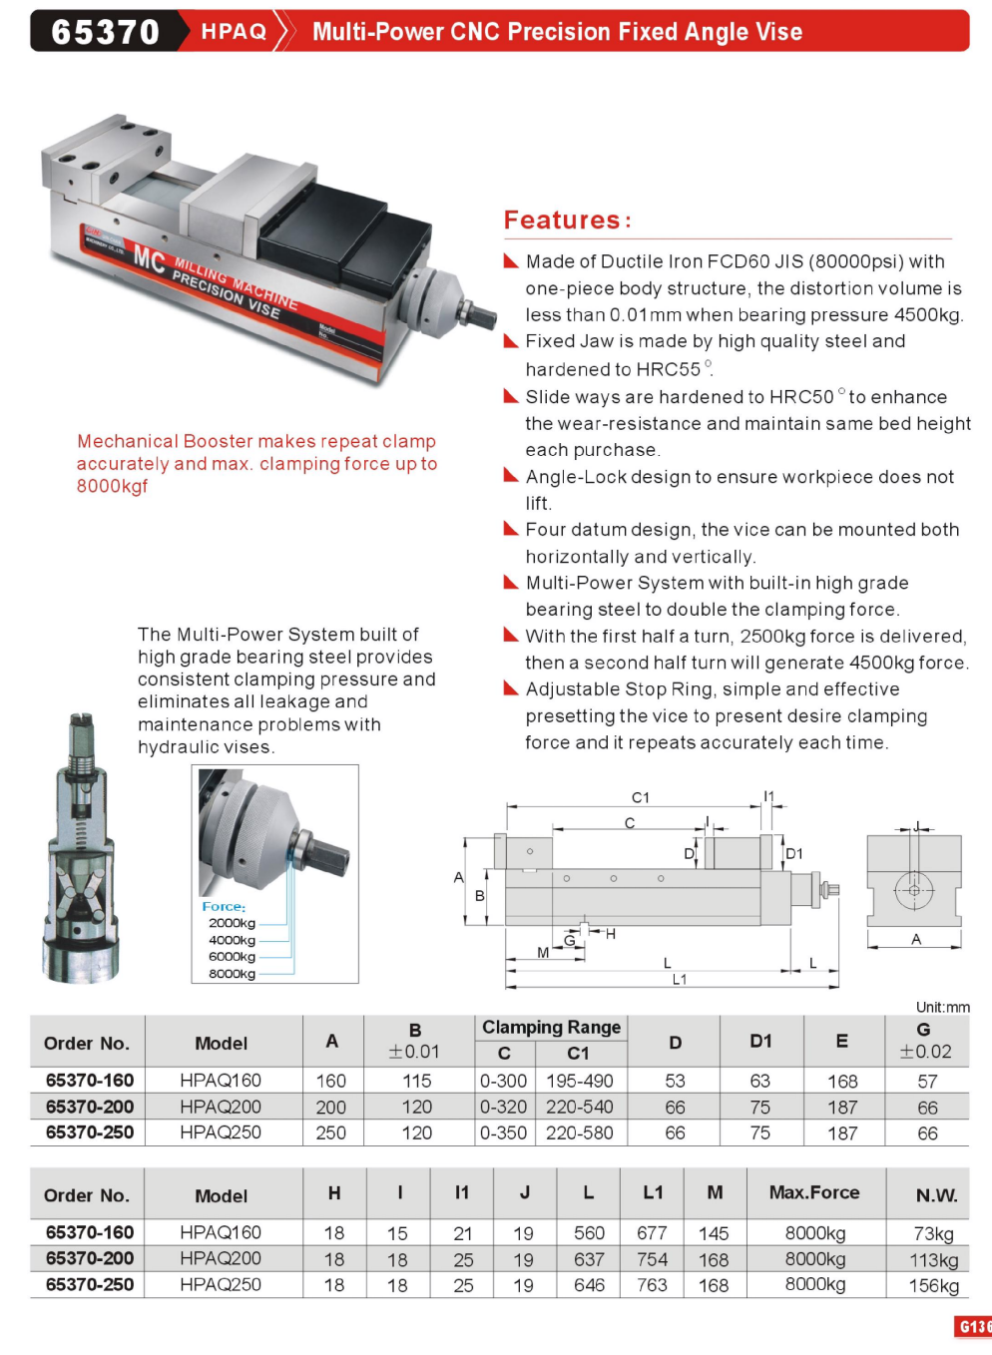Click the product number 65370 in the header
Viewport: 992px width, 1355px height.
click(105, 32)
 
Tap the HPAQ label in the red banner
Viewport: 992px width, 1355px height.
click(234, 32)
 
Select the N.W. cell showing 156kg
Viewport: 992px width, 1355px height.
click(933, 1286)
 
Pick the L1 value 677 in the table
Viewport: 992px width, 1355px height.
click(652, 1233)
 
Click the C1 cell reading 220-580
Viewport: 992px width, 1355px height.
click(579, 1133)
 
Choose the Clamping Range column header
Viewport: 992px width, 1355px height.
click(551, 1027)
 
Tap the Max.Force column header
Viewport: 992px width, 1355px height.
click(814, 1192)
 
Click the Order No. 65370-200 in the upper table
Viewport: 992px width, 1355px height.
click(90, 1107)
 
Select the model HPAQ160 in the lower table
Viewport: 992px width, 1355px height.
click(221, 1233)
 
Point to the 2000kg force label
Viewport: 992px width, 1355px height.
click(232, 923)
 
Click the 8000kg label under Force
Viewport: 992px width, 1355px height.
click(232, 974)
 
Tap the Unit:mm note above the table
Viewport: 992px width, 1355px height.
click(942, 1007)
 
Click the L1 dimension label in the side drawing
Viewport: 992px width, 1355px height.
click(679, 980)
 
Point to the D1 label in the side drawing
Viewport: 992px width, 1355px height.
click(794, 853)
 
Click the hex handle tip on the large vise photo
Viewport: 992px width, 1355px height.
click(484, 316)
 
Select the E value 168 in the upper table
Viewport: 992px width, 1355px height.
click(842, 1082)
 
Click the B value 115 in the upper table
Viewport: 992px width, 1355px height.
click(416, 1082)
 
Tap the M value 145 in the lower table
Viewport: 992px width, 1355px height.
click(714, 1233)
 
